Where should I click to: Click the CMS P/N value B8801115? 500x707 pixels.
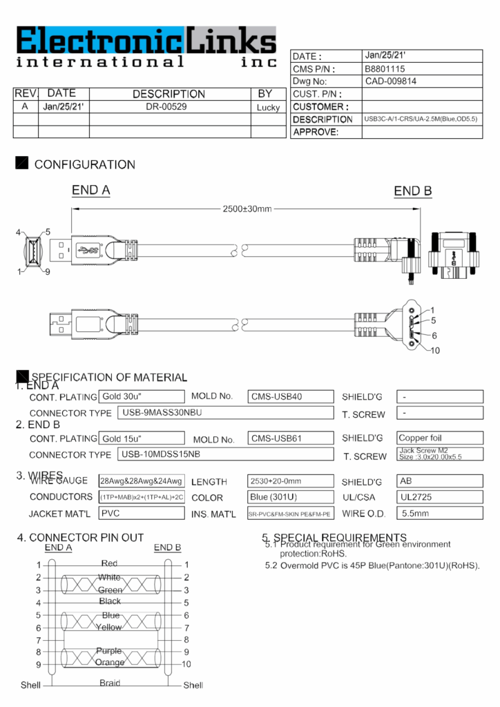(x=384, y=69)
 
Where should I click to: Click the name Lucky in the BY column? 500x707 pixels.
(x=268, y=108)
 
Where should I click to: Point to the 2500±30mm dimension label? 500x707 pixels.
(x=247, y=209)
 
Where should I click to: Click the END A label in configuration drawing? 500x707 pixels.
(x=91, y=191)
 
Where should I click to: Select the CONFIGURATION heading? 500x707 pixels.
(x=84, y=164)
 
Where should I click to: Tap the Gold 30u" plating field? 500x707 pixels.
(x=141, y=396)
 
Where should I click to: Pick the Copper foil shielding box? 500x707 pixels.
(x=439, y=438)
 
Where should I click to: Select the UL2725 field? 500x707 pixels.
(x=439, y=497)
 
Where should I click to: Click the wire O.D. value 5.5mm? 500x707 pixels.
(x=439, y=513)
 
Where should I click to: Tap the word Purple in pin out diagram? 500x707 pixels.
(x=109, y=650)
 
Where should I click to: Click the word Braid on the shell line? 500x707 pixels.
(x=110, y=683)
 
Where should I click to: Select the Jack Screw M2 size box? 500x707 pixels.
(x=439, y=454)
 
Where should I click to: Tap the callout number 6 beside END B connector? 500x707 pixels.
(x=434, y=336)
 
